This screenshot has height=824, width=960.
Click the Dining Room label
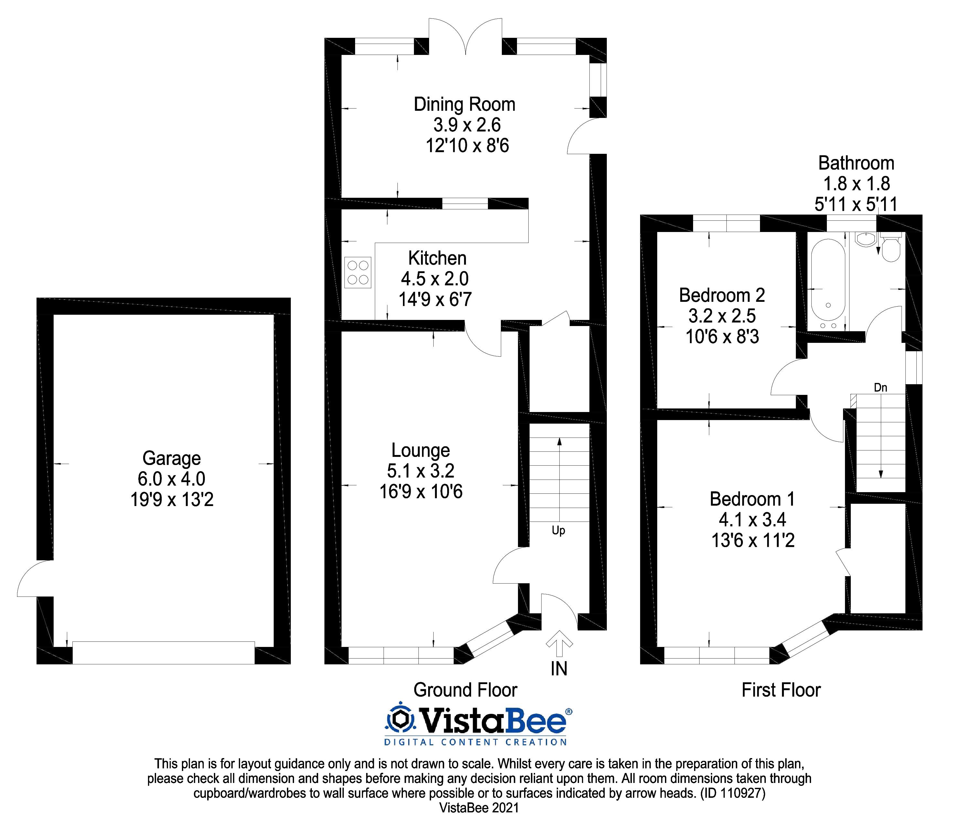(x=464, y=105)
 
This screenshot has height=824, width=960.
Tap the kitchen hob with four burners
(x=358, y=272)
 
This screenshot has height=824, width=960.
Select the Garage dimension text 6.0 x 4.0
(x=172, y=479)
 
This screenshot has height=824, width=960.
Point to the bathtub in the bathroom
(x=828, y=284)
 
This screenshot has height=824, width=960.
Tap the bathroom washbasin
(x=865, y=239)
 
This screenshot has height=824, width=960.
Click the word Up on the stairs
(x=558, y=530)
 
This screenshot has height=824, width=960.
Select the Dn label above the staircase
(x=880, y=387)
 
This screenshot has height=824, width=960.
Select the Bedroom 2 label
(x=722, y=295)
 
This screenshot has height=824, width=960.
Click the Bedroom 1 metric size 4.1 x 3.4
(x=753, y=520)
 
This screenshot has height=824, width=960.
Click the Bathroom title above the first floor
(x=856, y=163)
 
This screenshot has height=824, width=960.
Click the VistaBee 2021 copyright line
(x=479, y=808)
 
